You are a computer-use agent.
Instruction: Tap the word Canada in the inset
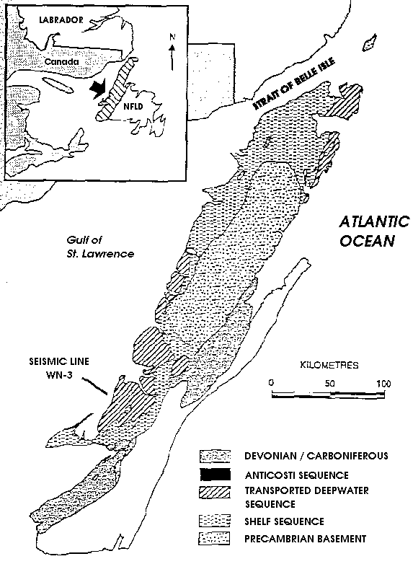click(61, 62)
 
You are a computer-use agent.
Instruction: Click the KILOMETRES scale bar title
click(328, 366)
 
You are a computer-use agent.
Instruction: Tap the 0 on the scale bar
click(271, 382)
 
